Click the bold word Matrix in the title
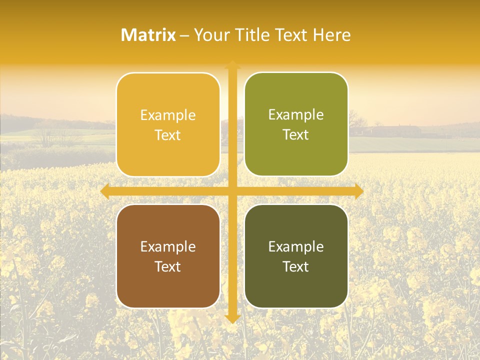148,35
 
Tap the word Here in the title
331,35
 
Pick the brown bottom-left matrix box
168,285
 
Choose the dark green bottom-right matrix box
296,285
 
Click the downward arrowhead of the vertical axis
232,318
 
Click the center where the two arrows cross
232,191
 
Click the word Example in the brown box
168,246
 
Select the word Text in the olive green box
296,135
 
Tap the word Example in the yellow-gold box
168,115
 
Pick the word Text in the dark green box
296,266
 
